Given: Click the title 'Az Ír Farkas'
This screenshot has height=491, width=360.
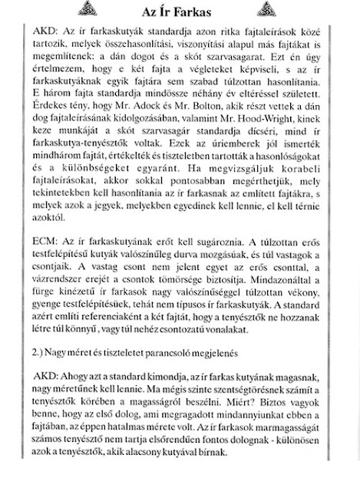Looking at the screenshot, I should [179, 12].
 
